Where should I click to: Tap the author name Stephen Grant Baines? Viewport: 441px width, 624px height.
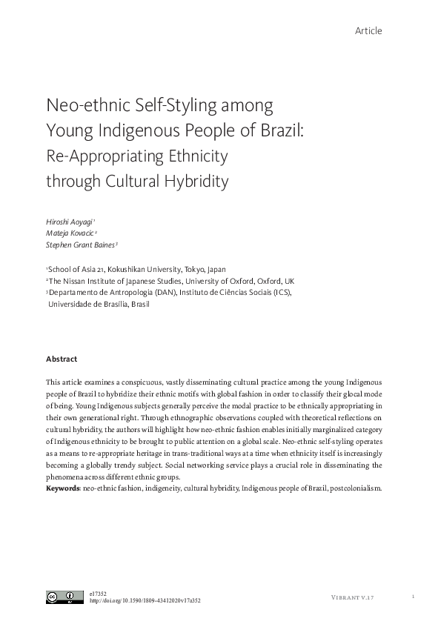[82, 245]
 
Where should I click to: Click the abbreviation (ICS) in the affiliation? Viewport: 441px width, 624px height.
[279, 293]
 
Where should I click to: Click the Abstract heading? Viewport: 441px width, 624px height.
[62, 359]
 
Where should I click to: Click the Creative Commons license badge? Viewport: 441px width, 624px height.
[64, 597]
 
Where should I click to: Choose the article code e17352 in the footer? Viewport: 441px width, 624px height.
[98, 593]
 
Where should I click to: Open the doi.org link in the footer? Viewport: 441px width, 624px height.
[145, 601]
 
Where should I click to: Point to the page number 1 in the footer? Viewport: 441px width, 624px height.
[413, 597]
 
